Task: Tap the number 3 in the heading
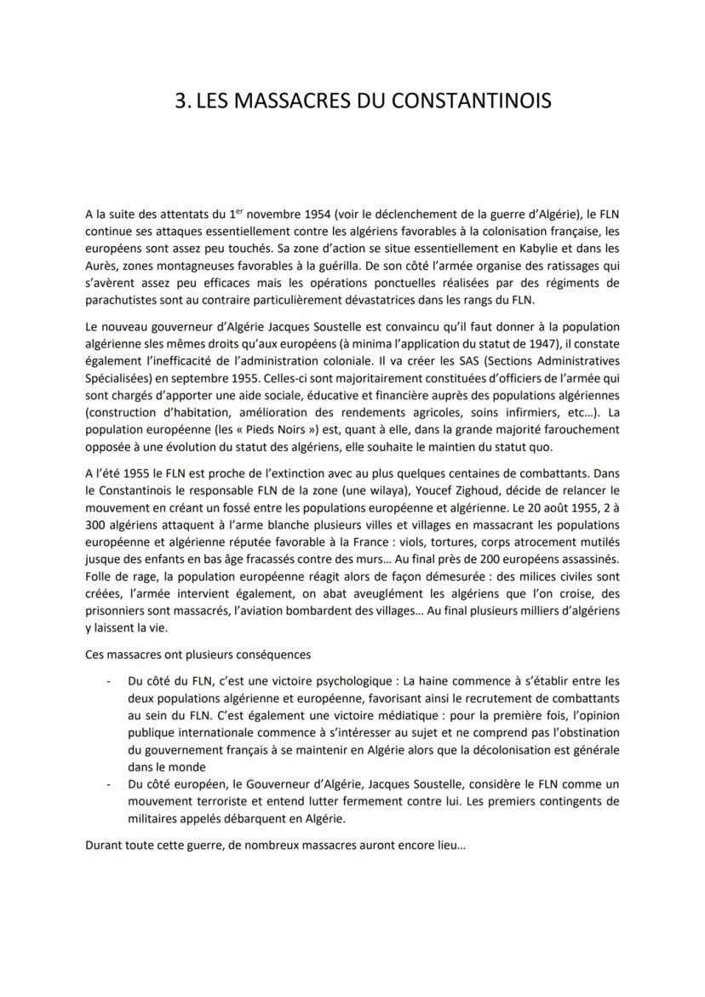(180, 101)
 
